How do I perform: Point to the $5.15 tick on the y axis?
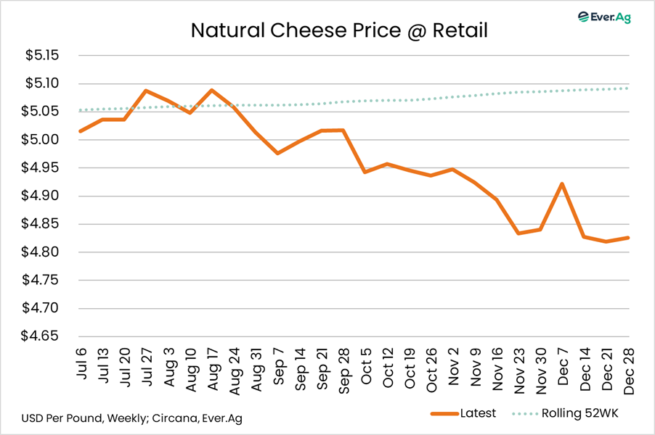[41, 56]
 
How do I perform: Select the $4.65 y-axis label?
[41, 336]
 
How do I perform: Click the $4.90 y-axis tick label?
[41, 196]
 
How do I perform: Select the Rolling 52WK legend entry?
[574, 413]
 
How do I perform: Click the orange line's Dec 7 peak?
[562, 184]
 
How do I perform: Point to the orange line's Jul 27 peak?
[146, 91]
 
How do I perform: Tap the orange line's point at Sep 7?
[277, 153]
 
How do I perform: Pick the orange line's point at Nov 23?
[518, 233]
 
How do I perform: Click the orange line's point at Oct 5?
[365, 172]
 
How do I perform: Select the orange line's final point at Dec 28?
[628, 238]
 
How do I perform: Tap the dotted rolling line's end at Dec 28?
[628, 88]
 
